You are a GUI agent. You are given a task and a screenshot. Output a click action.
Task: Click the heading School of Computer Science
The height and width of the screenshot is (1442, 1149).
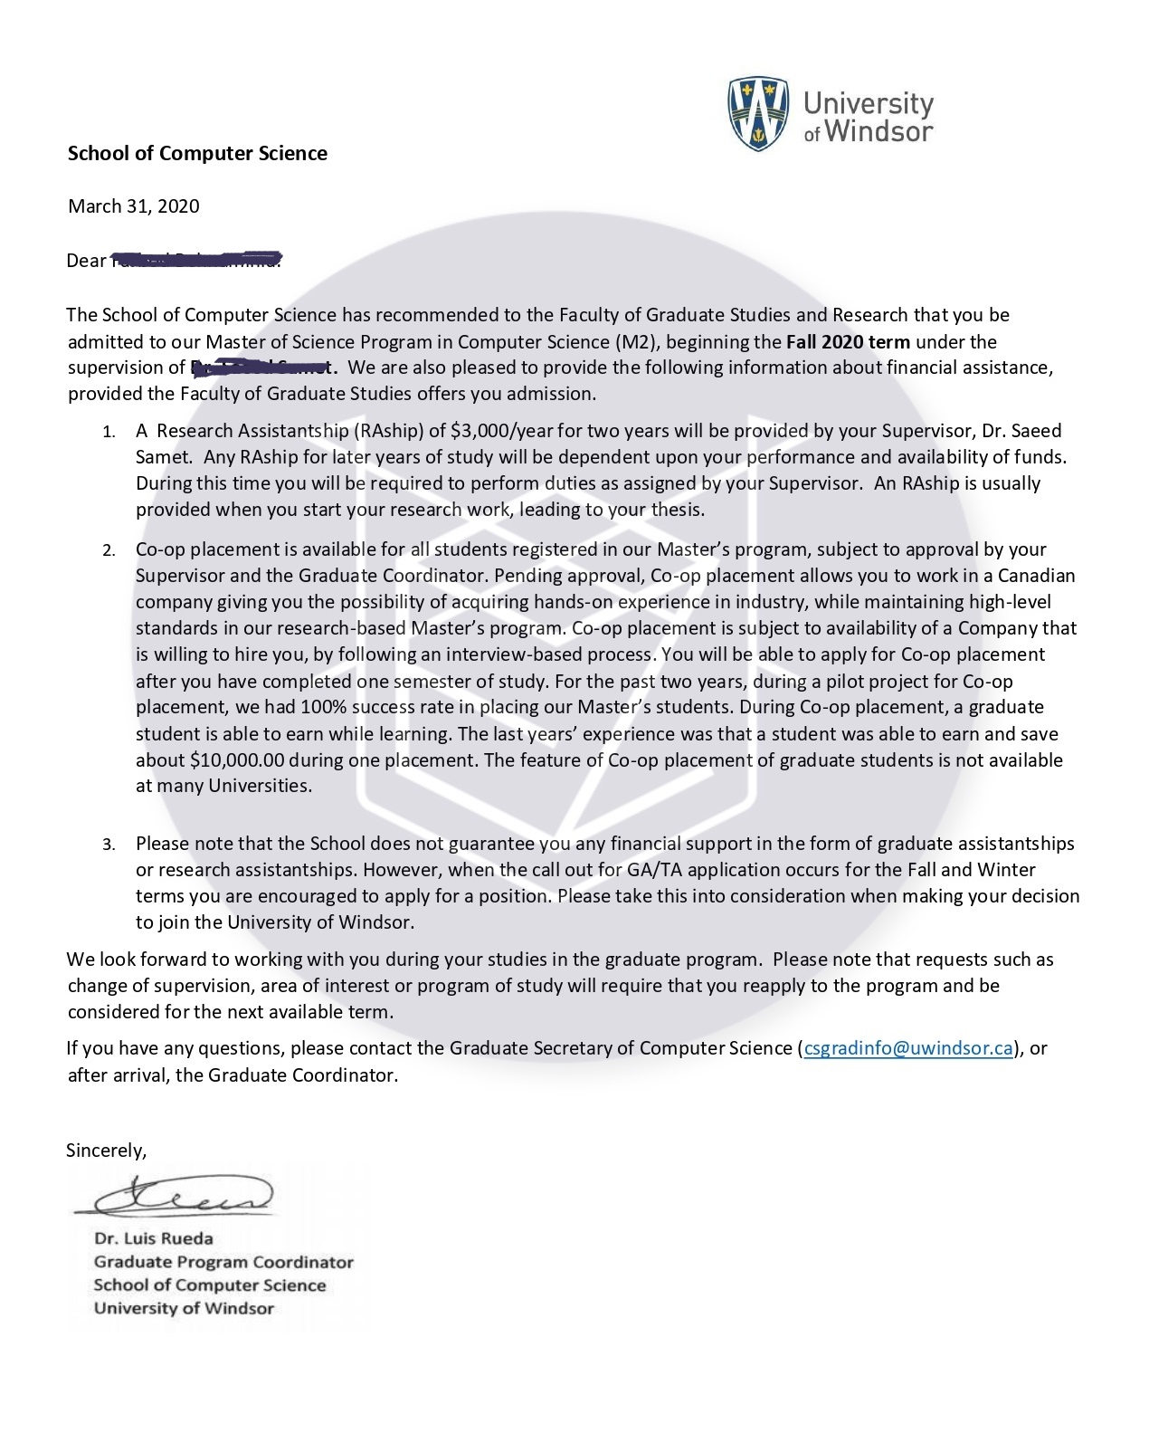click(197, 153)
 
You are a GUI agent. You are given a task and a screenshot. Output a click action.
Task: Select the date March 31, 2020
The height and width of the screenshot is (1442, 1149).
click(133, 205)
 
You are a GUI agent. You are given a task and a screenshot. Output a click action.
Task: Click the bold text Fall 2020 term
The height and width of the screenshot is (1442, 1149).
click(848, 341)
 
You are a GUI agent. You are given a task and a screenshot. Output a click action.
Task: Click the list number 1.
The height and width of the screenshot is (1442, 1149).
click(108, 432)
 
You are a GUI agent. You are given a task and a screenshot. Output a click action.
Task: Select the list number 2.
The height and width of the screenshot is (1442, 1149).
click(108, 550)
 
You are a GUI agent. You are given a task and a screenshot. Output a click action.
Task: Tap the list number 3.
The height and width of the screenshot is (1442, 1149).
click(108, 845)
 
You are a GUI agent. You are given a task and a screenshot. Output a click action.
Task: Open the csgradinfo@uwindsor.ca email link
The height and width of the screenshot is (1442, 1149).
click(907, 1048)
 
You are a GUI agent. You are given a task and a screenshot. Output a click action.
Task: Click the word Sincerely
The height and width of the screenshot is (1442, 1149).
click(106, 1150)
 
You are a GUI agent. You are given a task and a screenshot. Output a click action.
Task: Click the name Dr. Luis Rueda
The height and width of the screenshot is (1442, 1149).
click(154, 1238)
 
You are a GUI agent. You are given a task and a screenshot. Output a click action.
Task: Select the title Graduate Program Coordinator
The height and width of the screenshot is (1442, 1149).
click(223, 1262)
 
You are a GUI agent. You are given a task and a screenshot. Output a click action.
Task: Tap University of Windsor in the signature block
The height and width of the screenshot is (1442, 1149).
click(184, 1308)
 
